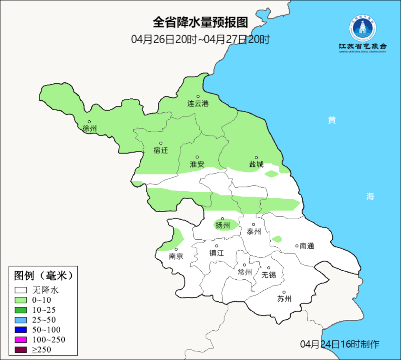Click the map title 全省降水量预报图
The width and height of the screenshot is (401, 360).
click(200, 22)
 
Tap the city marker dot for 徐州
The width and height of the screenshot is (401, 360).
click(89, 121)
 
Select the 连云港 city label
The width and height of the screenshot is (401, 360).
click(198, 104)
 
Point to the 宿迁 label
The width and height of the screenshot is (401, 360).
click(161, 150)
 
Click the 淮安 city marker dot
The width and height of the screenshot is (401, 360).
click(197, 157)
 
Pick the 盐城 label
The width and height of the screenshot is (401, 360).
click(256, 164)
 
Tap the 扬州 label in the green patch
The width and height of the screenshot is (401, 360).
click(223, 225)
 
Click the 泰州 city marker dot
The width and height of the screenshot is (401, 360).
click(254, 224)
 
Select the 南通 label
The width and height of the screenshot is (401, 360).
click(307, 246)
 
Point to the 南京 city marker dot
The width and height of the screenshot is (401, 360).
click(176, 249)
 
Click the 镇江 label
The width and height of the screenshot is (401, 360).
click(217, 253)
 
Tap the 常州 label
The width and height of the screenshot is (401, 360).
click(245, 272)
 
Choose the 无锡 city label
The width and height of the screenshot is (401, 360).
click(269, 275)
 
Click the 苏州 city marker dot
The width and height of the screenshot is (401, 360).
click(284, 292)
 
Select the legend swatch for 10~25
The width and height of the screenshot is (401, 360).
click(21, 310)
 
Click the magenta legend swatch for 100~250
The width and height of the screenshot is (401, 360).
click(21, 340)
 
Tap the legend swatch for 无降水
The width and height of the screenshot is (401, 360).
click(21, 290)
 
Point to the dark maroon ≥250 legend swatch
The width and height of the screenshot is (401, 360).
click(21, 350)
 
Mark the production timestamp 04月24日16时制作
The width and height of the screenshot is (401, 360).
click(340, 344)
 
